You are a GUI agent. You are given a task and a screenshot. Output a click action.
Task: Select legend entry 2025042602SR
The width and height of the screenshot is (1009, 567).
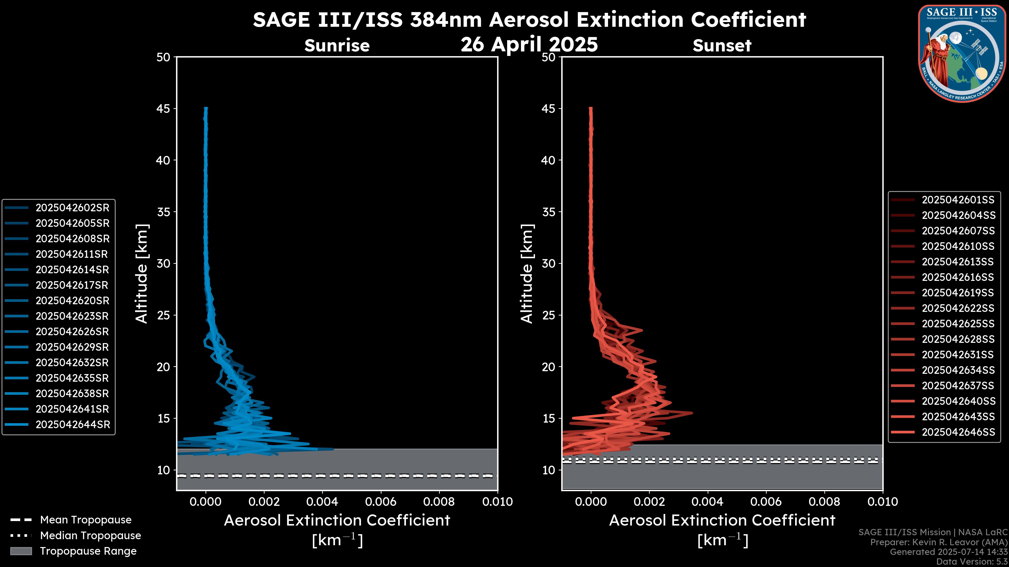[73, 208]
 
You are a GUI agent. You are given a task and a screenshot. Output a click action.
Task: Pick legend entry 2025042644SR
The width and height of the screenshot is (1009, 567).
[73, 424]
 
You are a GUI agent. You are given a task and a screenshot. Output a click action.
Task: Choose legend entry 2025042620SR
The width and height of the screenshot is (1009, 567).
[73, 301]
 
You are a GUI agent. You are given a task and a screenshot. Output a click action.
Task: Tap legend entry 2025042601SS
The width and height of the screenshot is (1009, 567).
[958, 200]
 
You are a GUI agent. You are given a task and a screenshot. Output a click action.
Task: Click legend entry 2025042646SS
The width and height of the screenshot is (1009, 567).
[958, 432]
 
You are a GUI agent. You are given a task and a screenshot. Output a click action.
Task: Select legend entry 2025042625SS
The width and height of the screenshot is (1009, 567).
[958, 324]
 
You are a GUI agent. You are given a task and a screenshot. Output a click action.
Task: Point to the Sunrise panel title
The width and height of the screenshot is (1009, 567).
[337, 46]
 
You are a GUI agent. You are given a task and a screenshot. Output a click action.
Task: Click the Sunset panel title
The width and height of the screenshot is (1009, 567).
[722, 46]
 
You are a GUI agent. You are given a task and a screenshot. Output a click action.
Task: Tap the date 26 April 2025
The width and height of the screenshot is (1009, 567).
[529, 44]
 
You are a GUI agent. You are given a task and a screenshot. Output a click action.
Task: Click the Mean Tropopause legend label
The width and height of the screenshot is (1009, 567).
[86, 520]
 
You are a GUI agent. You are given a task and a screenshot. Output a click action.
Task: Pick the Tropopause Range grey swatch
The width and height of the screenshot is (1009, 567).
[21, 551]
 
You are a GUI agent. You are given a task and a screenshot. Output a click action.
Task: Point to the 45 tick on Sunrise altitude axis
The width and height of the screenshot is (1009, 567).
[163, 108]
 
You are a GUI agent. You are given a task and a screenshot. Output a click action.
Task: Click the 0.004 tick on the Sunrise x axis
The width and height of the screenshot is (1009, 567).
[322, 502]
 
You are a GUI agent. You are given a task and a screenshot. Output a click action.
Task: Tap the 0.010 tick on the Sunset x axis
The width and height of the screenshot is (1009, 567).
[883, 502]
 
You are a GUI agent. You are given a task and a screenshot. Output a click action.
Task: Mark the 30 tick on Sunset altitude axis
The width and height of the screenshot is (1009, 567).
[549, 263]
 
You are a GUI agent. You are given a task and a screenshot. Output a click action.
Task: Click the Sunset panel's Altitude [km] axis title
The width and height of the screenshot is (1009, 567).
[527, 274]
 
